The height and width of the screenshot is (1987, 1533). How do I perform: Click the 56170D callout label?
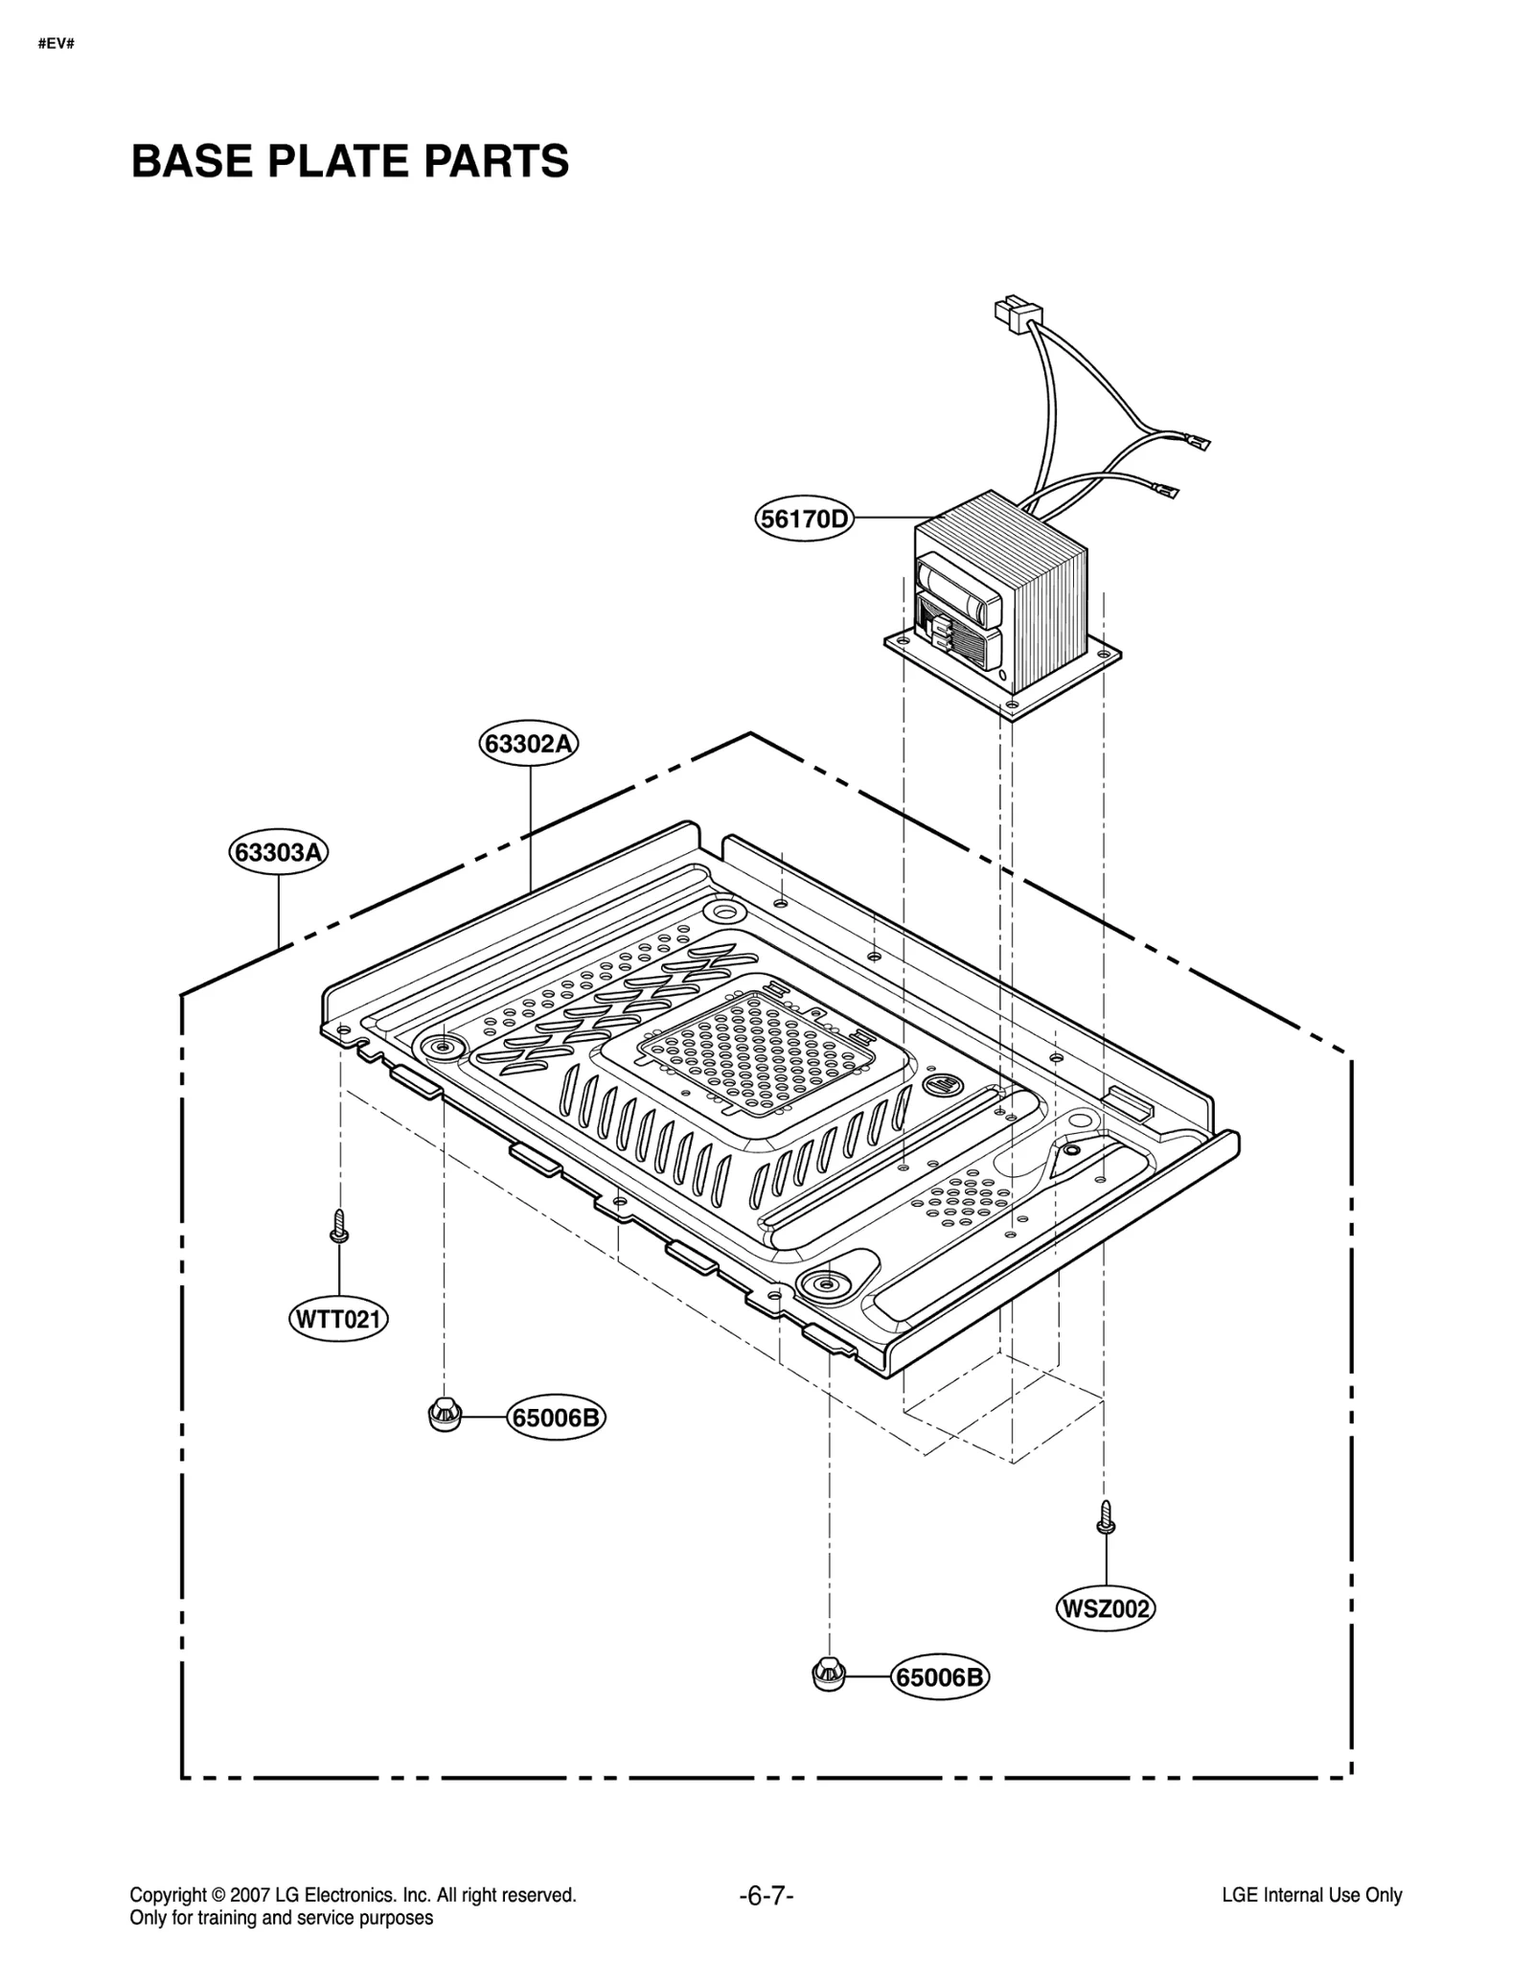tap(803, 520)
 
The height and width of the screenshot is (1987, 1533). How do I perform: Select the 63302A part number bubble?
tap(529, 744)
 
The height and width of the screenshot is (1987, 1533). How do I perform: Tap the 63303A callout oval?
tap(278, 852)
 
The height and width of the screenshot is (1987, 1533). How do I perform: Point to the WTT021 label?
tap(338, 1320)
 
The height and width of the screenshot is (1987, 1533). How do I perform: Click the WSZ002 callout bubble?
tap(1105, 1608)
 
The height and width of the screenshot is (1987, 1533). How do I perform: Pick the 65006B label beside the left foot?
tap(556, 1417)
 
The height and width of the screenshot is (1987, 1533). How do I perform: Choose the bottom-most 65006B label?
tap(939, 1677)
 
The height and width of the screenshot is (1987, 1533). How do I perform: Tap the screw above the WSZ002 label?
tap(1106, 1518)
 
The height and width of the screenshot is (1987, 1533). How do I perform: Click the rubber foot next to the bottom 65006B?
tap(828, 1675)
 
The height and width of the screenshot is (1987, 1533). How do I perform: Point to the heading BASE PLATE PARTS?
tap(350, 161)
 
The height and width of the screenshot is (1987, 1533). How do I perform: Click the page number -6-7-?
tap(766, 1895)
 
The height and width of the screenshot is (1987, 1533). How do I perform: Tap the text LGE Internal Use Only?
tap(1311, 1895)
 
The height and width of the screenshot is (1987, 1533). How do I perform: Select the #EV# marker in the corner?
tap(57, 44)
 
